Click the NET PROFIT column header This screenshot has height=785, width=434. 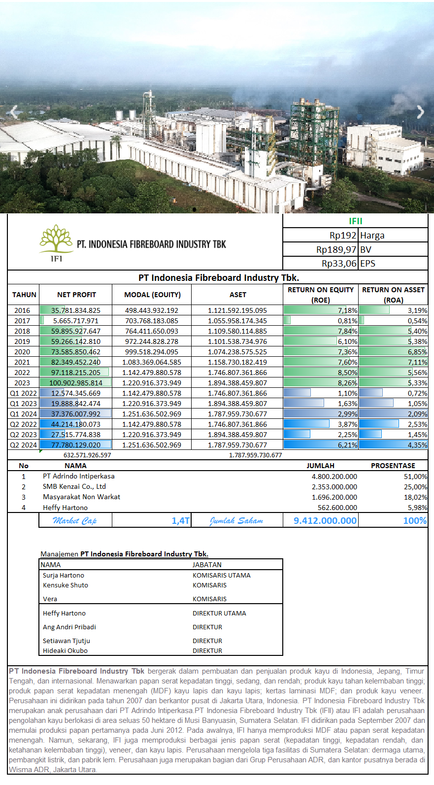[76, 295]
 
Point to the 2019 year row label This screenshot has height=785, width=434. [22, 341]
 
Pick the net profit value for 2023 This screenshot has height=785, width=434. [76, 383]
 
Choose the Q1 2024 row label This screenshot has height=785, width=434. [23, 414]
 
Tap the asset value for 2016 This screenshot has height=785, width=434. [237, 310]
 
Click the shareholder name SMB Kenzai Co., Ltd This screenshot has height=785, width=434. [74, 486]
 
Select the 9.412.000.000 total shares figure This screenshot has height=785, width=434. [325, 520]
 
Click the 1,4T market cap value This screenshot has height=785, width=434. [180, 520]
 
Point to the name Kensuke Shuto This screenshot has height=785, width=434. [66, 585]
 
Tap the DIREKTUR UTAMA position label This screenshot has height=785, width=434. [219, 614]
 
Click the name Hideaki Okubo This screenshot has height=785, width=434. [65, 651]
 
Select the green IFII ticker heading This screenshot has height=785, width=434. [355, 221]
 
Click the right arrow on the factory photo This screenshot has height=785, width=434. [420, 112]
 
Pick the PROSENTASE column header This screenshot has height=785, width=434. [393, 466]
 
